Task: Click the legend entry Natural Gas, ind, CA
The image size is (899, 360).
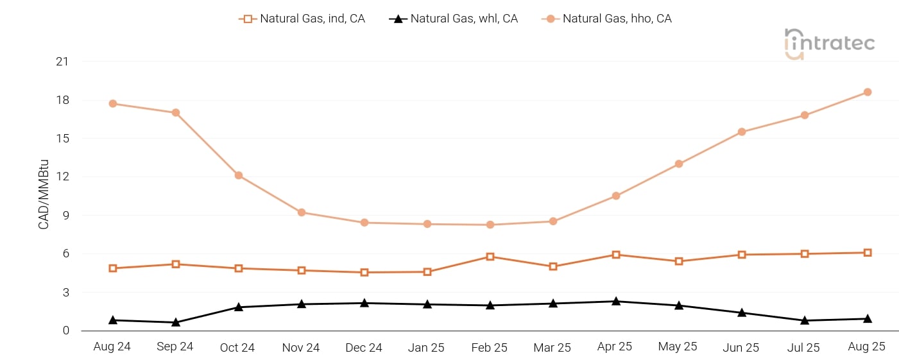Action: pyautogui.click(x=302, y=19)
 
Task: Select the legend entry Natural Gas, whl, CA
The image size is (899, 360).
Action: pyautogui.click(x=454, y=19)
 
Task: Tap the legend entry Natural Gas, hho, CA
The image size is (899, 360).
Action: pyautogui.click(x=606, y=19)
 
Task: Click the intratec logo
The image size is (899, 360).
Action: pyautogui.click(x=830, y=44)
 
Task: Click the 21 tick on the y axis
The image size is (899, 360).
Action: pyautogui.click(x=62, y=62)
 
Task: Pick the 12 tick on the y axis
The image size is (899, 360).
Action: pyautogui.click(x=62, y=176)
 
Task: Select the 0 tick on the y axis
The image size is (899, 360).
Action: pyautogui.click(x=65, y=330)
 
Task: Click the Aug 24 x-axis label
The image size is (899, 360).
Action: pyautogui.click(x=112, y=347)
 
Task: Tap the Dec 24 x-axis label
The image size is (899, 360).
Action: pyautogui.click(x=364, y=348)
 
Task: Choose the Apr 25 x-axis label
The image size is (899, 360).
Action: pyautogui.click(x=615, y=347)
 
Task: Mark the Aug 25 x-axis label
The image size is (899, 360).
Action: pyautogui.click(x=866, y=347)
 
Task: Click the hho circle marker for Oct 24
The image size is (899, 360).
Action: pyautogui.click(x=239, y=175)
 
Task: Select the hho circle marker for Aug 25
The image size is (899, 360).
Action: pyautogui.click(x=867, y=92)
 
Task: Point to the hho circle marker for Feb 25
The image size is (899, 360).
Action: pyautogui.click(x=490, y=225)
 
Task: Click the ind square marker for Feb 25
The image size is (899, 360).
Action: pyautogui.click(x=490, y=257)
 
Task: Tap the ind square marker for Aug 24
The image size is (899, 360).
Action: pyautogui.click(x=113, y=268)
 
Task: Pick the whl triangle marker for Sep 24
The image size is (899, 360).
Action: pyautogui.click(x=176, y=322)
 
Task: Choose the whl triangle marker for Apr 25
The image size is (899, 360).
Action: pyautogui.click(x=616, y=301)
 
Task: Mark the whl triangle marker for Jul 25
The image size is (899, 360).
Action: pyautogui.click(x=804, y=320)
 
